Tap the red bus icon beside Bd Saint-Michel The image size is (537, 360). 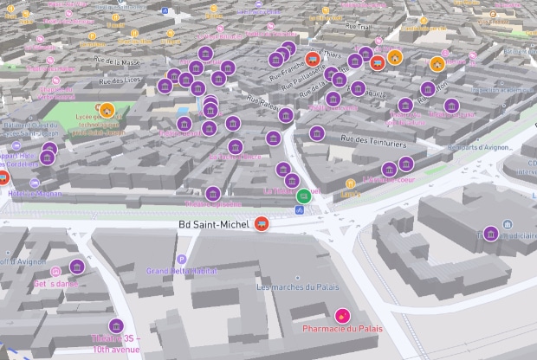point(261,223)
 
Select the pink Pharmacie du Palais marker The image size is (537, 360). point(342,315)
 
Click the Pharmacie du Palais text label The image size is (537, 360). point(342,330)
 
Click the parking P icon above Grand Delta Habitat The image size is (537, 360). point(181,259)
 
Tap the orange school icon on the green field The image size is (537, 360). point(107,110)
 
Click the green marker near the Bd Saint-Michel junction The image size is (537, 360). point(303,196)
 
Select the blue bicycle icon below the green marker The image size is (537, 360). point(299,209)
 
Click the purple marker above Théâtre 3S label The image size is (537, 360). point(116,325)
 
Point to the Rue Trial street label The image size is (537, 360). point(358,26)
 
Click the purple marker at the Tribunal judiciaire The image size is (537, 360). point(490,234)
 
